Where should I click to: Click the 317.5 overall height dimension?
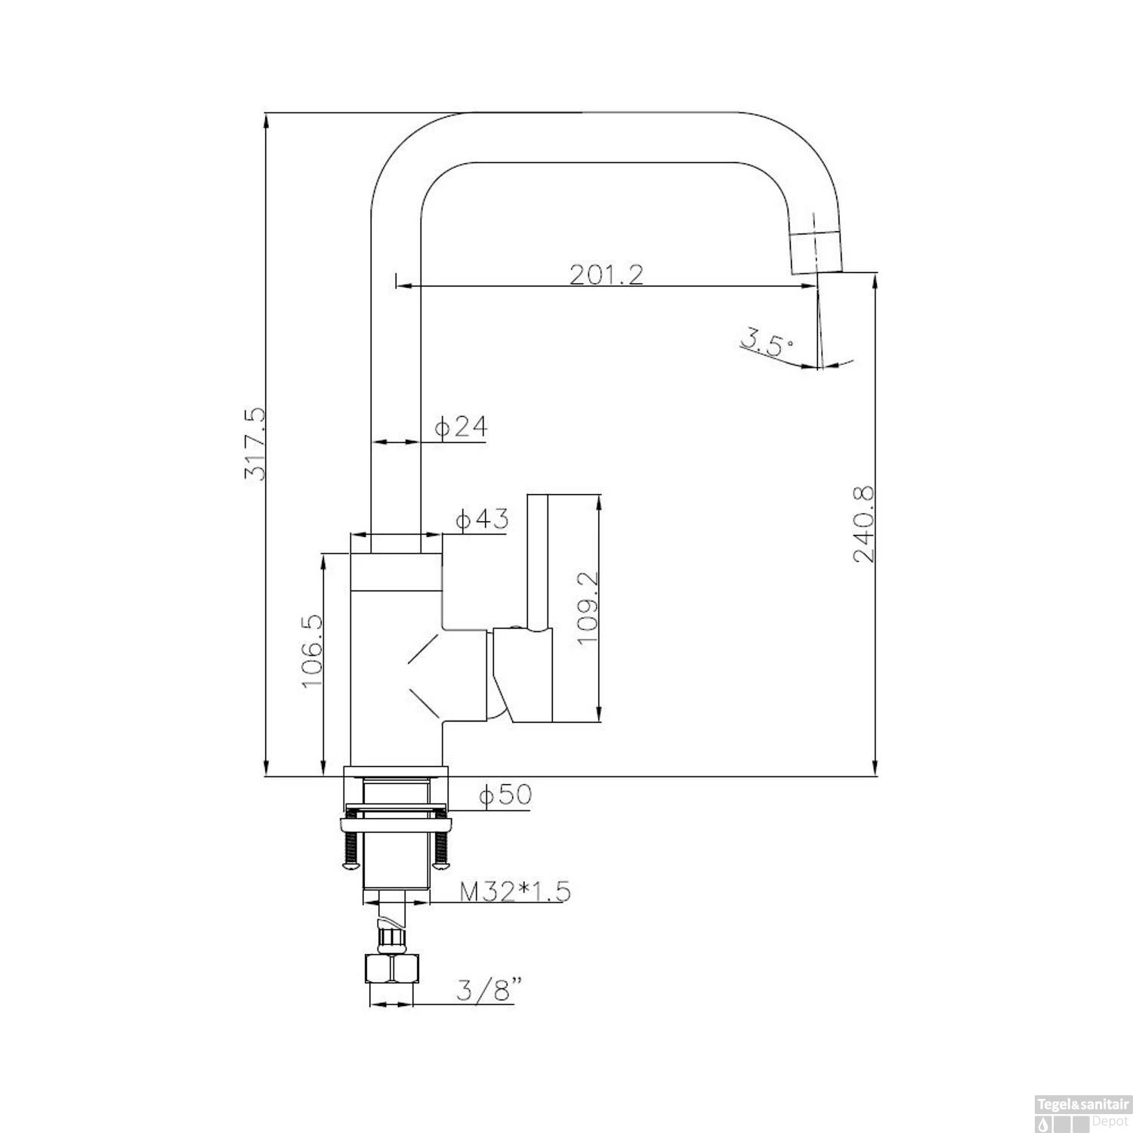pos(255,443)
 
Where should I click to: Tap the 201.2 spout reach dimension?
pos(607,273)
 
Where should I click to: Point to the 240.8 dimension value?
pos(863,524)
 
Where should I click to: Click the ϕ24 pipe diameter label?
pos(461,428)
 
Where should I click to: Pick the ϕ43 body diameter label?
pos(482,520)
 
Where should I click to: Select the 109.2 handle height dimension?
pos(587,607)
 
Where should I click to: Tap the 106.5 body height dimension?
pos(312,650)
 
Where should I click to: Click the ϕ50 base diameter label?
pos(505,795)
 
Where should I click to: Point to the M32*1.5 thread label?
pos(515,892)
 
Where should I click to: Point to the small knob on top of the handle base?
pos(514,626)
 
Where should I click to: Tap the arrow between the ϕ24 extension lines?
pos(395,442)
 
